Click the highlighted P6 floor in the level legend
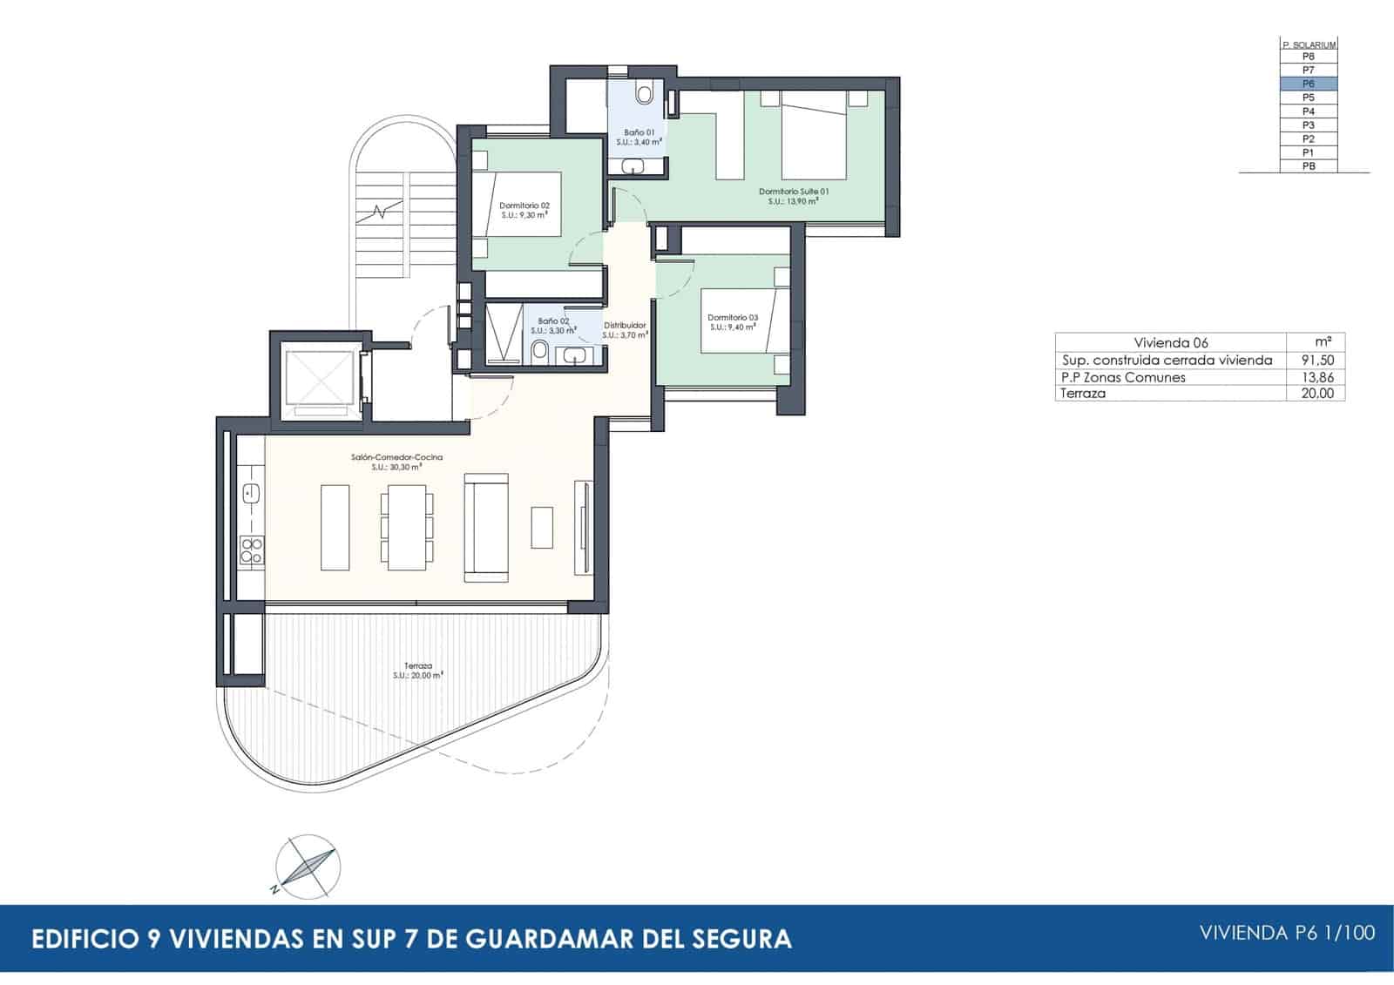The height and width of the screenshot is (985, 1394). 1308,84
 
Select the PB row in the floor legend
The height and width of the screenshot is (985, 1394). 1308,166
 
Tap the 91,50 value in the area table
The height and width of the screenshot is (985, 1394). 1316,360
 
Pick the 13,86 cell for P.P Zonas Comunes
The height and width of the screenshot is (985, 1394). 1316,377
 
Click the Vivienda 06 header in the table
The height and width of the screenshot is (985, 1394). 1171,342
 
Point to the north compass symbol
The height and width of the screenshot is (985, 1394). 307,867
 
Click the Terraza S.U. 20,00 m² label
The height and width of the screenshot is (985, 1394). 418,670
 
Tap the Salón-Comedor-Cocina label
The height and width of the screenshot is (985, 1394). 397,462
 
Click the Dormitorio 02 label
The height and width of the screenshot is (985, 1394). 524,210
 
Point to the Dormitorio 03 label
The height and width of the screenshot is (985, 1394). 732,321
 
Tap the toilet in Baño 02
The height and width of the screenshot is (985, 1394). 539,351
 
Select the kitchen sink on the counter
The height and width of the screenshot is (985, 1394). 251,494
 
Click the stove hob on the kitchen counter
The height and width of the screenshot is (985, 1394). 252,550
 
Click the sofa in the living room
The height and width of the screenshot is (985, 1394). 485,527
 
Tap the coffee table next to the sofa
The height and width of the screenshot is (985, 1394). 542,527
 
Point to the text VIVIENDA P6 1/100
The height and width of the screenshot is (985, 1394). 1287,933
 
